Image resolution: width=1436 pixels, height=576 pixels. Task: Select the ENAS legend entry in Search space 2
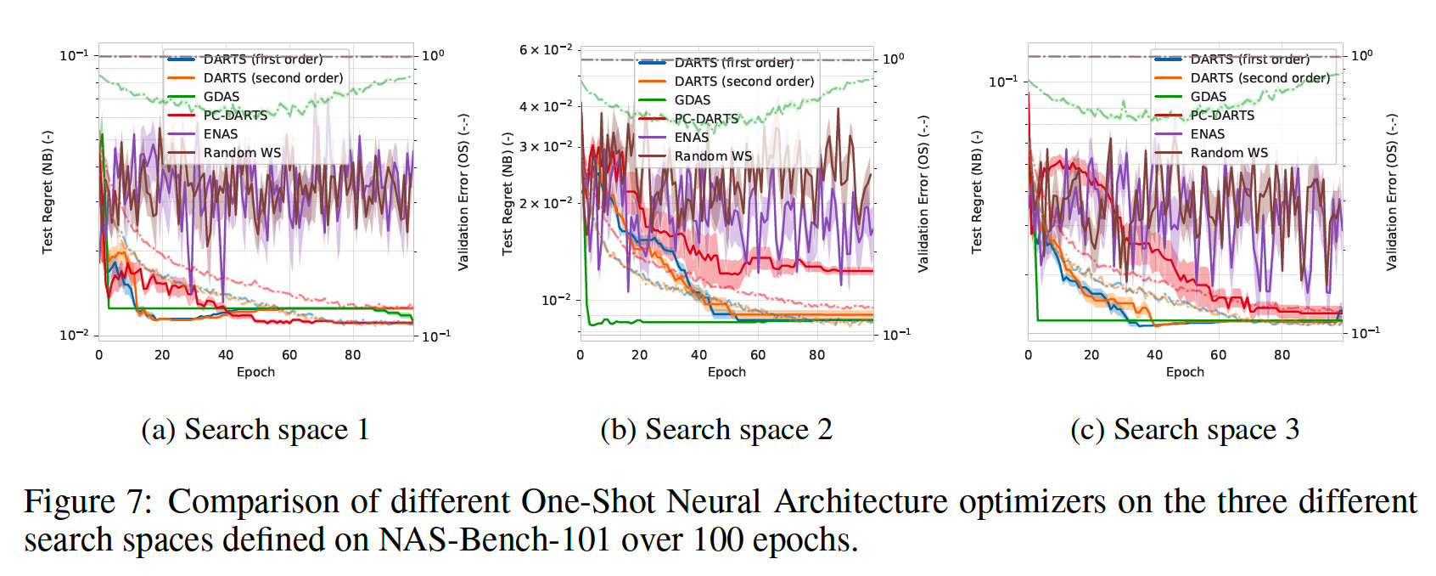tap(691, 138)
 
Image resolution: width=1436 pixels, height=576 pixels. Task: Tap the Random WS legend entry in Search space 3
tap(1228, 153)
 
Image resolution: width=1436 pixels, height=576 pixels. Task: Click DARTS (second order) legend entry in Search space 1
tap(272, 78)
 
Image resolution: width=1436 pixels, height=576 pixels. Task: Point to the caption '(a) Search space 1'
tap(255, 430)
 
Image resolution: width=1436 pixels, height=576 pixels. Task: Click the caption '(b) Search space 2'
tap(716, 430)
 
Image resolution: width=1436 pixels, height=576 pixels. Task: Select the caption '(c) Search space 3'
tap(1185, 430)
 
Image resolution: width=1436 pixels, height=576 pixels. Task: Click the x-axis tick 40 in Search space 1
tap(226, 355)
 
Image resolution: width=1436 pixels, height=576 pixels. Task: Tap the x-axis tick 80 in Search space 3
tap(1282, 355)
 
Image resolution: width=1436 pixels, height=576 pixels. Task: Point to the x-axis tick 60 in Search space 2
tap(758, 355)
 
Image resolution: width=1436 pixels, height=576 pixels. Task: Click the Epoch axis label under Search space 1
tap(255, 372)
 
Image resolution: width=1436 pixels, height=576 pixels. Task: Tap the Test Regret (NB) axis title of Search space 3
tap(977, 192)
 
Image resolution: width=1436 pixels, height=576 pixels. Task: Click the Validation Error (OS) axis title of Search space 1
tap(463, 192)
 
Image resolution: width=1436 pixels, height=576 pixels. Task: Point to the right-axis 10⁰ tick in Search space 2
tap(893, 59)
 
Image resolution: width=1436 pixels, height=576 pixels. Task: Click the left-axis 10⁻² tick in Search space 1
tap(73, 335)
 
